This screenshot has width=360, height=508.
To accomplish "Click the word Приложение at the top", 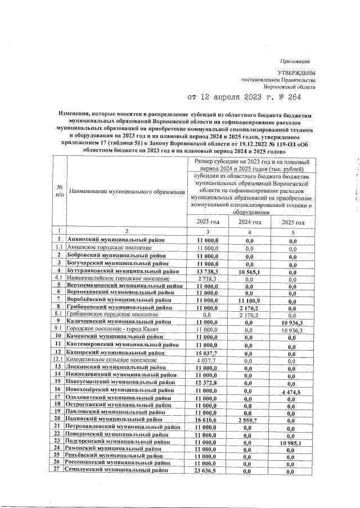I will pyautogui.click(x=295, y=61).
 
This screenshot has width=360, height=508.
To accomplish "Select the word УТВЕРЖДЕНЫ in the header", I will pyautogui.click(x=296, y=73).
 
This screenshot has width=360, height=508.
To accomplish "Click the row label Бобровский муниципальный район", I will pyautogui.click(x=116, y=255).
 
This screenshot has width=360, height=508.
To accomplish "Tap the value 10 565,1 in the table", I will pyautogui.click(x=249, y=271).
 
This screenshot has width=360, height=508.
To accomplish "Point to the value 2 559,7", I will pyautogui.click(x=249, y=420).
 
